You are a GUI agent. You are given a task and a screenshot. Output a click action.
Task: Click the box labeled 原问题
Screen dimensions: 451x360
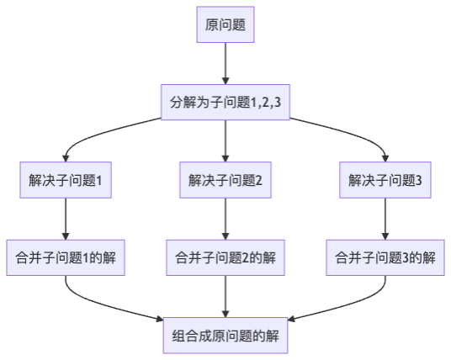coord(225,24)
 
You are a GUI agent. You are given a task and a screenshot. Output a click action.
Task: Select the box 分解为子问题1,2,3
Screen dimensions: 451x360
coord(225,102)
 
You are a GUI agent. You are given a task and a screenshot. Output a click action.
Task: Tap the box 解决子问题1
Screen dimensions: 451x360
coord(66,180)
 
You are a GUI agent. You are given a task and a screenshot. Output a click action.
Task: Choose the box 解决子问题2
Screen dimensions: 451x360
coord(225,180)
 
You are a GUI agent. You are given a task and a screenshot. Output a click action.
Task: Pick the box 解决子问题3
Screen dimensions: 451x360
coord(385,180)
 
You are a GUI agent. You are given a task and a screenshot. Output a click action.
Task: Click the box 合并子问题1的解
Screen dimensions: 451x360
coord(66,257)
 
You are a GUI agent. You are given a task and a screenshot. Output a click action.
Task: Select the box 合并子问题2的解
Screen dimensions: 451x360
coord(225,257)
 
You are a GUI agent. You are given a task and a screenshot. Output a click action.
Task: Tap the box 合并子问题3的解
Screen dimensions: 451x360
coord(385,257)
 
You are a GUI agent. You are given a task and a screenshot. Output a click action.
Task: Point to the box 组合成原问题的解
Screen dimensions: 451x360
coord(225,336)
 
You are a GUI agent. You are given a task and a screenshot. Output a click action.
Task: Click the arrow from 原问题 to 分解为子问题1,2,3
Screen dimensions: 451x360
coord(225,64)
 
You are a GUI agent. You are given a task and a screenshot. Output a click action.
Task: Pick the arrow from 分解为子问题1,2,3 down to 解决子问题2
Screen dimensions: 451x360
coord(225,141)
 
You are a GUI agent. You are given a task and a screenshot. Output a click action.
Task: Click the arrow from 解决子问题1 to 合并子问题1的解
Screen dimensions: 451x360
coord(66,219)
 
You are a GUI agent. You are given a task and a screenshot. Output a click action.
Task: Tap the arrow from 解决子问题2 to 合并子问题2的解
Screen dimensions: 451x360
coord(225,219)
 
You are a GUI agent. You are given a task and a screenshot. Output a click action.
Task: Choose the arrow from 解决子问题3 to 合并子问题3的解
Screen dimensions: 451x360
coord(385,219)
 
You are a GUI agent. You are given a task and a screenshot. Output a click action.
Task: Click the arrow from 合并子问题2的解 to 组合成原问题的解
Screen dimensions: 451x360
coord(225,297)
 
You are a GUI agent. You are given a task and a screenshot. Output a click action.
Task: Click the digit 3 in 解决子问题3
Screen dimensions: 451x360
coord(419,180)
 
